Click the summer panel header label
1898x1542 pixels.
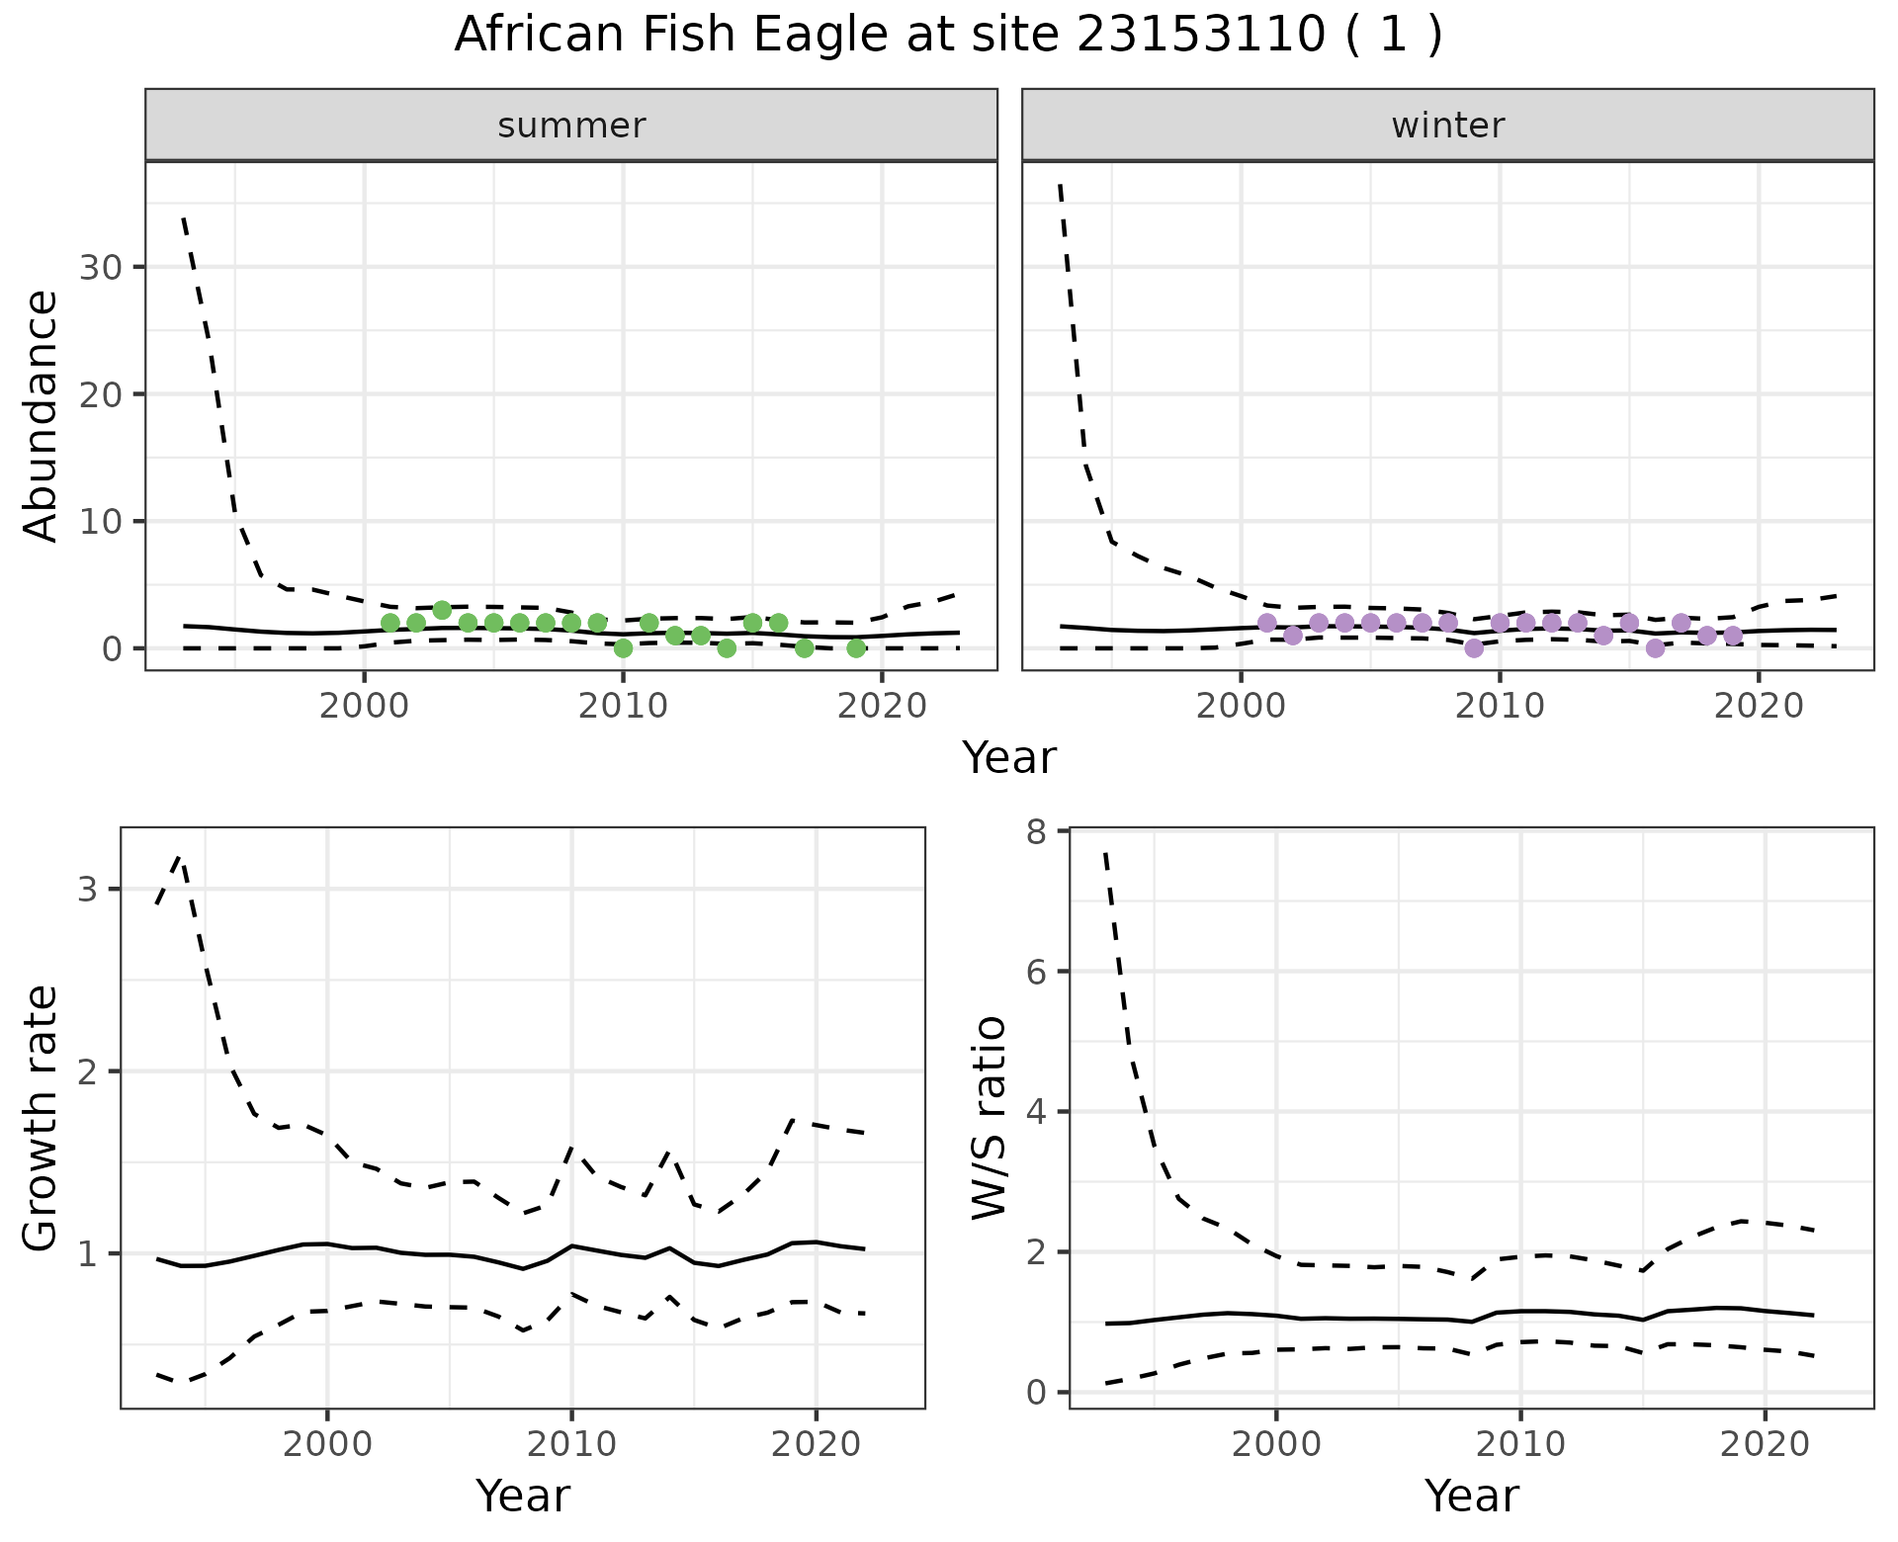tap(571, 126)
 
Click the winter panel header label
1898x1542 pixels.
tap(1447, 126)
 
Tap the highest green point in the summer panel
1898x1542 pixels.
tap(442, 610)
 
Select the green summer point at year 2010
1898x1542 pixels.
tap(623, 648)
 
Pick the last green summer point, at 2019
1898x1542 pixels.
tap(856, 648)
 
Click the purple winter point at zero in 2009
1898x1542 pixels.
tap(1474, 648)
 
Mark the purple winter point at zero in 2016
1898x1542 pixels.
tap(1656, 648)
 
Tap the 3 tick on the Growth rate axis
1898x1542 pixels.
tap(87, 890)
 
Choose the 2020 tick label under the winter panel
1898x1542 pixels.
tap(1759, 707)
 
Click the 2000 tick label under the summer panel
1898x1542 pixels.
tap(365, 707)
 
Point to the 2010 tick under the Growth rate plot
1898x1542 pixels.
tap(571, 1444)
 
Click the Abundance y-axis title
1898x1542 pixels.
tap(42, 416)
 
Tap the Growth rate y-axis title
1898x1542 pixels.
tap(42, 1118)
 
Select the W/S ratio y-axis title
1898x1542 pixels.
tap(990, 1118)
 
